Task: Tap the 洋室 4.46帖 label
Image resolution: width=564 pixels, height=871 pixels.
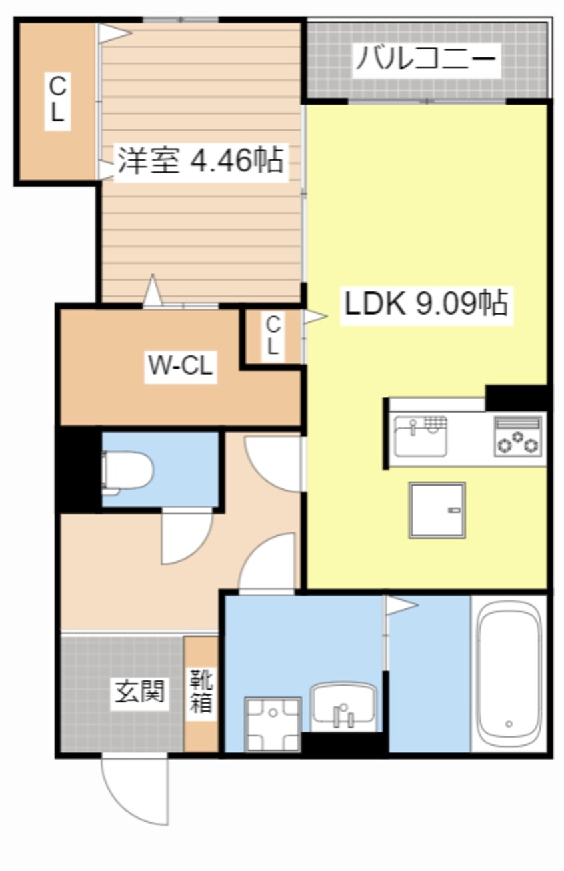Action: coord(201,160)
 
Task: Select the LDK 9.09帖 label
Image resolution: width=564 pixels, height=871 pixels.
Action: coord(426,305)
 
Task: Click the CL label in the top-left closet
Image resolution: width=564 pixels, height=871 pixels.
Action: coord(57,99)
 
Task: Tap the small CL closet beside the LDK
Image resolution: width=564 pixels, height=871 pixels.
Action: coord(273,335)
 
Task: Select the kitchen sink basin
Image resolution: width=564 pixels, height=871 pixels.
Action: coord(420,437)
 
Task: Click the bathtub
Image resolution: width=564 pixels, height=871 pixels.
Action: coord(509,674)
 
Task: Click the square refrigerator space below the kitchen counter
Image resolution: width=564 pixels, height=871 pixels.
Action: coord(437,510)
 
